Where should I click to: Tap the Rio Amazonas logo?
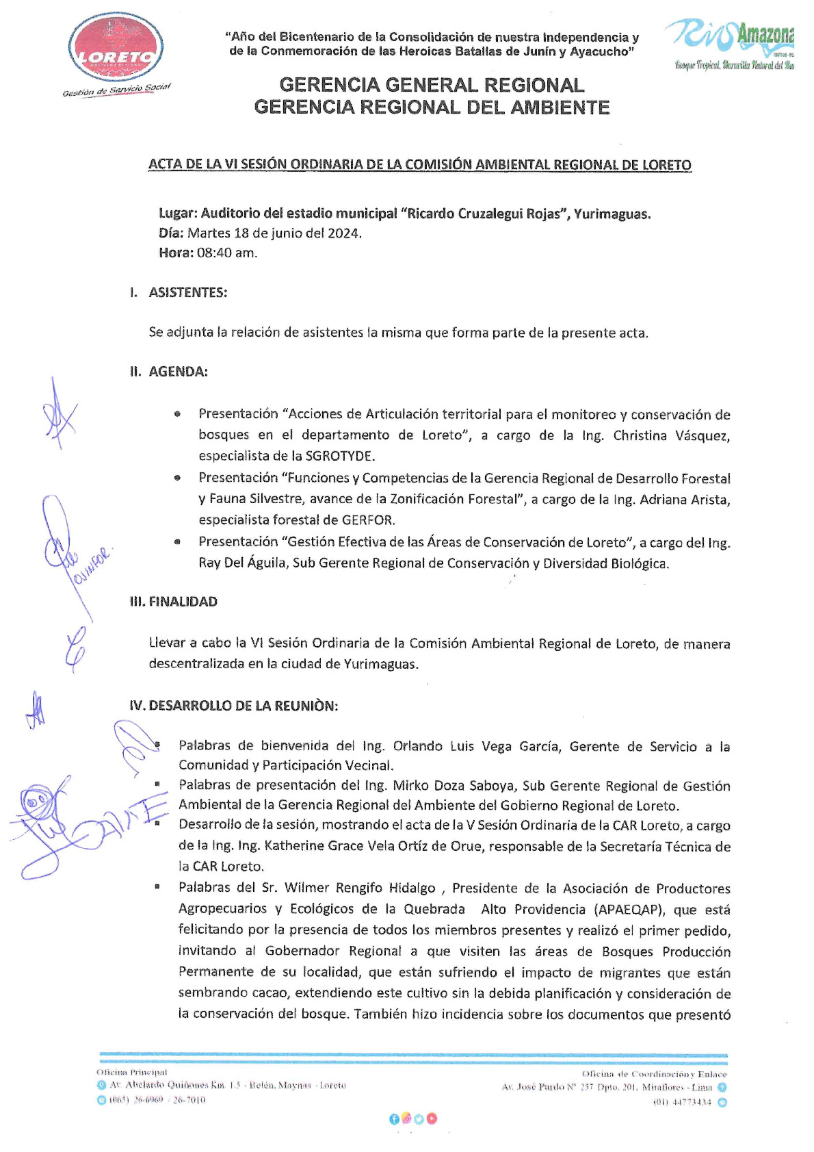[x=729, y=42]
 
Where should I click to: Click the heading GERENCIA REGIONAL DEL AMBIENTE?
[x=432, y=107]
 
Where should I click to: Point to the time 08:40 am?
[x=227, y=253]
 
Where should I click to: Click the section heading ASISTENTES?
[x=187, y=293]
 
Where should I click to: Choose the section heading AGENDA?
[x=178, y=372]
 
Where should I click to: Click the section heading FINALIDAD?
[x=183, y=602]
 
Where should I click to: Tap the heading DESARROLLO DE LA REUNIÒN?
[x=243, y=706]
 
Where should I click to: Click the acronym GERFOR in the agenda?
[x=368, y=520]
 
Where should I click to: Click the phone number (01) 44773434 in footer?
[x=682, y=1102]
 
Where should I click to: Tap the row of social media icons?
[x=413, y=1118]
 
